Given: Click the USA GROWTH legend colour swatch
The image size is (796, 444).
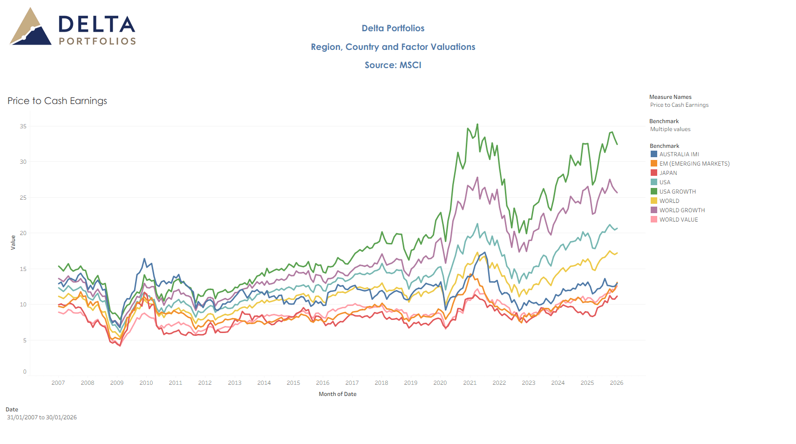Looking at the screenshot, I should [x=654, y=192].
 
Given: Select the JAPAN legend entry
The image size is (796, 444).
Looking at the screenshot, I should [x=668, y=173].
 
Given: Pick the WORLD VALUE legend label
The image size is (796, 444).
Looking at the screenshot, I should [x=678, y=220].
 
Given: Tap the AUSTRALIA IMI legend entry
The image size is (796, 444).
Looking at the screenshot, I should [x=679, y=154].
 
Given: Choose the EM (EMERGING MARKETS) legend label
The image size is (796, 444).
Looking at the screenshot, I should [x=694, y=164].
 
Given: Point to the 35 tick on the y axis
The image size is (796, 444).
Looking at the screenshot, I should [x=23, y=126].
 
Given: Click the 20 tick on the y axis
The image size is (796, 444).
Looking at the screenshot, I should [x=23, y=233].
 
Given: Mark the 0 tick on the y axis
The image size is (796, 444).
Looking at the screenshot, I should [x=25, y=372].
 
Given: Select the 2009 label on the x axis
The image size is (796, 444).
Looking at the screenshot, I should [x=117, y=383].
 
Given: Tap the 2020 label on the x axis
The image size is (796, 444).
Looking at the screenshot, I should [x=440, y=383].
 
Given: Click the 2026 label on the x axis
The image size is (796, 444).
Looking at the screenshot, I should [x=617, y=383].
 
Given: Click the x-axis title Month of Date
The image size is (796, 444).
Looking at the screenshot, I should [x=338, y=394].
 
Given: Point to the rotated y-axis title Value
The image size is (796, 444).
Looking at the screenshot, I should [x=13, y=243].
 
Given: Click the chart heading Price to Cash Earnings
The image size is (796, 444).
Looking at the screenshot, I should [x=57, y=101].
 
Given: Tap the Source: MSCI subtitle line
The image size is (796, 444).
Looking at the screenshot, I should [x=393, y=65].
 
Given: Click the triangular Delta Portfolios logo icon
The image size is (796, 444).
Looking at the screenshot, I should [x=31, y=28].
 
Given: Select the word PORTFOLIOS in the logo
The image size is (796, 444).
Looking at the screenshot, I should [x=97, y=42].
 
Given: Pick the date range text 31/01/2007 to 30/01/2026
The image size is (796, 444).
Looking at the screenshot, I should [x=42, y=417].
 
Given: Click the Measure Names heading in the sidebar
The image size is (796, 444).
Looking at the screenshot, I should [x=670, y=97].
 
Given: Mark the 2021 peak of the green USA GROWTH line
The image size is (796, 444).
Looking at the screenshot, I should [x=477, y=125].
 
